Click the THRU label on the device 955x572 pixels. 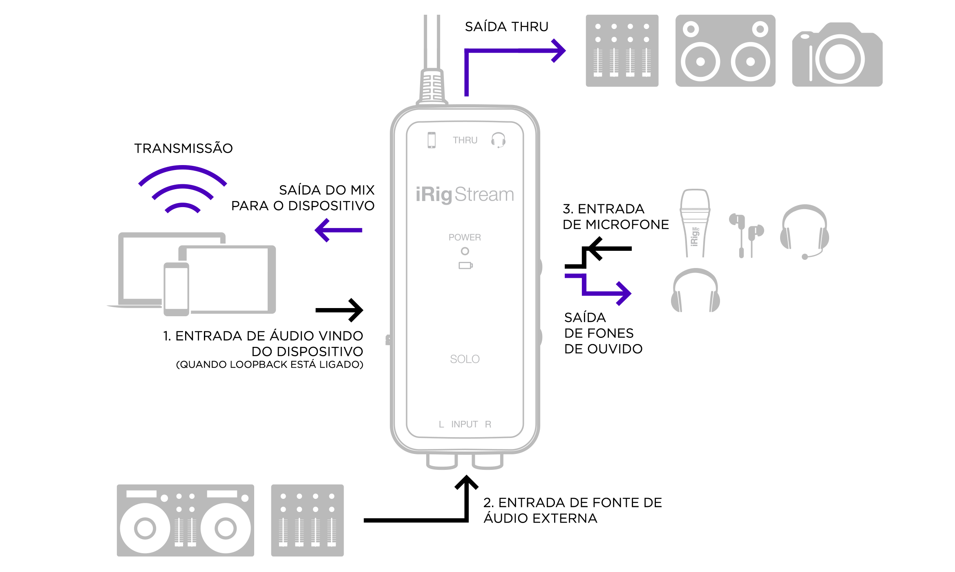(465, 140)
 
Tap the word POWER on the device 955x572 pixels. (465, 237)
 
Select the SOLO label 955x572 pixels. (465, 359)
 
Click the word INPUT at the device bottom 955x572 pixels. (465, 425)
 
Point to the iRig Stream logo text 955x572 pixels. (465, 194)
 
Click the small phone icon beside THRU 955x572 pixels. (432, 140)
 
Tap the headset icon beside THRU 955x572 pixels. (498, 140)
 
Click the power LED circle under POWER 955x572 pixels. (465, 251)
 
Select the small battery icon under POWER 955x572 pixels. (465, 266)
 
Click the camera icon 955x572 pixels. (837, 55)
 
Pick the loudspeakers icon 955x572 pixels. (725, 51)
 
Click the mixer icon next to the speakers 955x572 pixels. (622, 51)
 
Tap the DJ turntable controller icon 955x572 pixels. (185, 520)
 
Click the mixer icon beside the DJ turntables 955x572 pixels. (307, 520)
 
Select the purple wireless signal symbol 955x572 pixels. (182, 188)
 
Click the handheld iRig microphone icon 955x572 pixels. (695, 223)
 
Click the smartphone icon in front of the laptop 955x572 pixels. (177, 289)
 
